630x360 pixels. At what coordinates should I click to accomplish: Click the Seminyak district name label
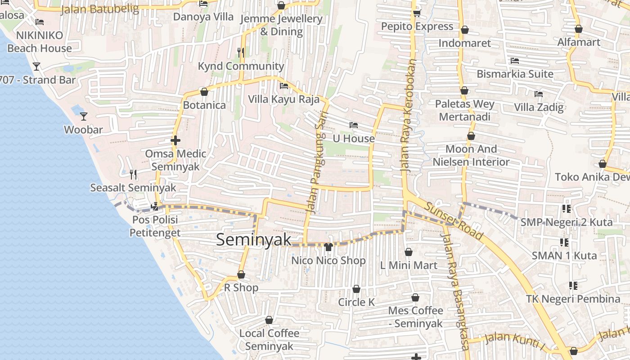254,239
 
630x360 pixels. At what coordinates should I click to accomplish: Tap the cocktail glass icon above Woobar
84,117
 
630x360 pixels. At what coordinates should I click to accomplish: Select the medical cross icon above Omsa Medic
175,140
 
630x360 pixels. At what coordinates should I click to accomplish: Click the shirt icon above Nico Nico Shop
328,247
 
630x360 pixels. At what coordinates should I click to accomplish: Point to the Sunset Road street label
454,221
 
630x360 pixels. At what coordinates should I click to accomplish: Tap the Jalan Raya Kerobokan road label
407,114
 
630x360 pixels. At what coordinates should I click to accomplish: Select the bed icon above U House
354,125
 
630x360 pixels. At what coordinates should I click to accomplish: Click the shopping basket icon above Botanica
204,92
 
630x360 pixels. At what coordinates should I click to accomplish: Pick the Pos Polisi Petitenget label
154,226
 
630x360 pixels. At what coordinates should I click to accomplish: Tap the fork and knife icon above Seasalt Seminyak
133,174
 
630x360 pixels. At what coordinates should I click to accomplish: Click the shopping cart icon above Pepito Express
417,13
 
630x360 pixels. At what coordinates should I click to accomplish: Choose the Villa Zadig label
539,107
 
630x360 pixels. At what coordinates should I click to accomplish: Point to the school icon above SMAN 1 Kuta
564,243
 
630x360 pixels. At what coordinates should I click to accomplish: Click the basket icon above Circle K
356,289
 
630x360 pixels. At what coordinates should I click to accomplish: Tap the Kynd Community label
241,66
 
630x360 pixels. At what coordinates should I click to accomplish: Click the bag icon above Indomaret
465,30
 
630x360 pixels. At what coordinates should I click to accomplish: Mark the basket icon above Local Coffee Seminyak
269,320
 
